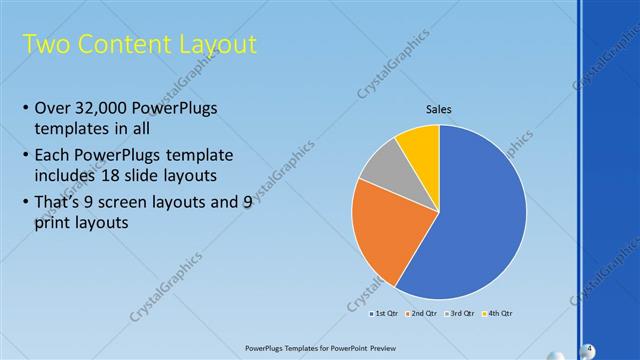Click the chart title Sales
(x=439, y=108)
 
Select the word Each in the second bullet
(x=51, y=156)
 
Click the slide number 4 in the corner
(x=590, y=348)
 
